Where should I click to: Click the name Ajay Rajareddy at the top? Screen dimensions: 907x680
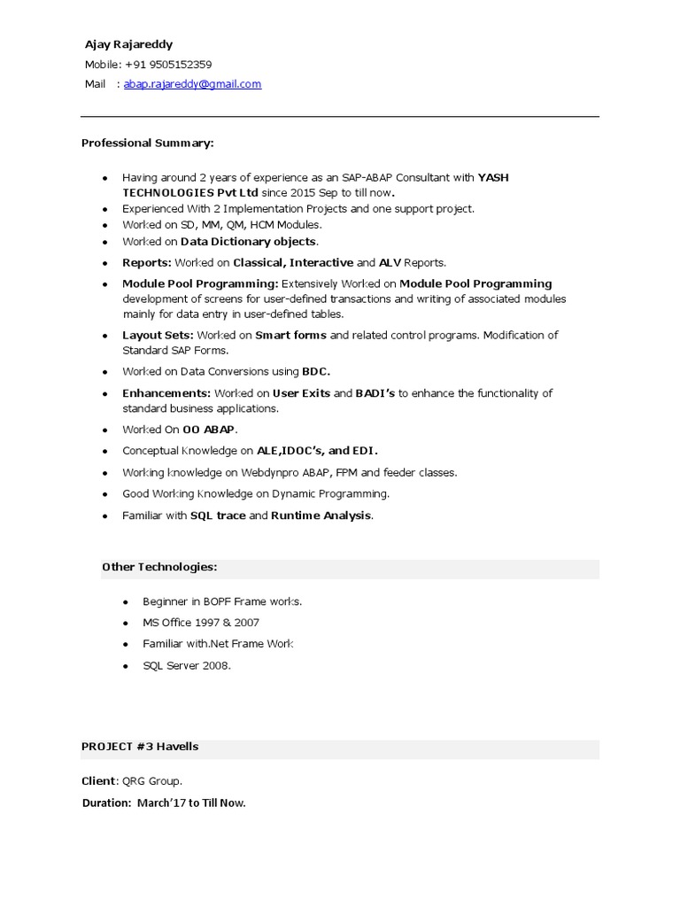[128, 44]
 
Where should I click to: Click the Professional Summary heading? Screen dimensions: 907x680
[148, 143]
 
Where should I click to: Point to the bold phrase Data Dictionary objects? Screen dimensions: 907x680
[248, 241]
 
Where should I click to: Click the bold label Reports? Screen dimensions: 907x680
[147, 263]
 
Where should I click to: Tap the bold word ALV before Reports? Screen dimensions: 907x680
[390, 263]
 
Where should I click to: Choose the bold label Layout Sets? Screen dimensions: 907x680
[158, 336]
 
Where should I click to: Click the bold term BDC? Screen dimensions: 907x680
[316, 372]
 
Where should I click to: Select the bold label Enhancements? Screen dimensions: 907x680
[166, 393]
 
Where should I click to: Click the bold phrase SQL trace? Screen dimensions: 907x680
[218, 516]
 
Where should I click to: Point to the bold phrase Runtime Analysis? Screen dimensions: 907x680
[321, 516]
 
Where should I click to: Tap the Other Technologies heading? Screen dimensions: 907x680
[159, 567]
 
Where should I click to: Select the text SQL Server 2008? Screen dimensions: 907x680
[187, 665]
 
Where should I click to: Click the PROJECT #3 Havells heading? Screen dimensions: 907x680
[140, 747]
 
